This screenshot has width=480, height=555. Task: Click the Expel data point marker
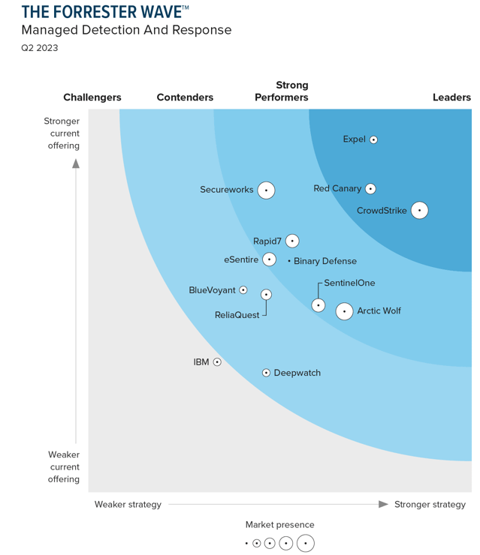click(373, 139)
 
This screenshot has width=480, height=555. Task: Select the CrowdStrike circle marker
click(420, 211)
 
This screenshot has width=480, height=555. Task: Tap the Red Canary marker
click(370, 189)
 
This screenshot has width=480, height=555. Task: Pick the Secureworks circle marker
click(266, 190)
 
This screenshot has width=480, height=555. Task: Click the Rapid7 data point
click(292, 241)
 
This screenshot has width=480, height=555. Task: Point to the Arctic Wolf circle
click(344, 310)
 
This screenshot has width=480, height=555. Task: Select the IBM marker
click(217, 362)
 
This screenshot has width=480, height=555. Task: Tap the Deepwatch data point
click(266, 373)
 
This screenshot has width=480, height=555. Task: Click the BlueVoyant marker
click(243, 290)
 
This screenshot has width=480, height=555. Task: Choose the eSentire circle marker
click(269, 259)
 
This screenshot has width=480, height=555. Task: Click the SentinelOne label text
click(349, 283)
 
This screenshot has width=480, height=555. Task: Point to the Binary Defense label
click(325, 261)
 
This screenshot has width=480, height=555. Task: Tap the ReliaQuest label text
click(237, 315)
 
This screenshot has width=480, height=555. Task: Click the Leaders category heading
click(451, 97)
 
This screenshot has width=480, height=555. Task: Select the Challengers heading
click(92, 97)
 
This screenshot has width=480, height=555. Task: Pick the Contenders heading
click(185, 97)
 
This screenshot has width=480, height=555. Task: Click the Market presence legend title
click(279, 525)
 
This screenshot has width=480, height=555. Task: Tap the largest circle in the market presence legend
click(306, 543)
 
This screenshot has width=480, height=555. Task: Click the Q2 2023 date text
click(40, 48)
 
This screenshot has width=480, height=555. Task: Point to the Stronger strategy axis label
click(430, 504)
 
